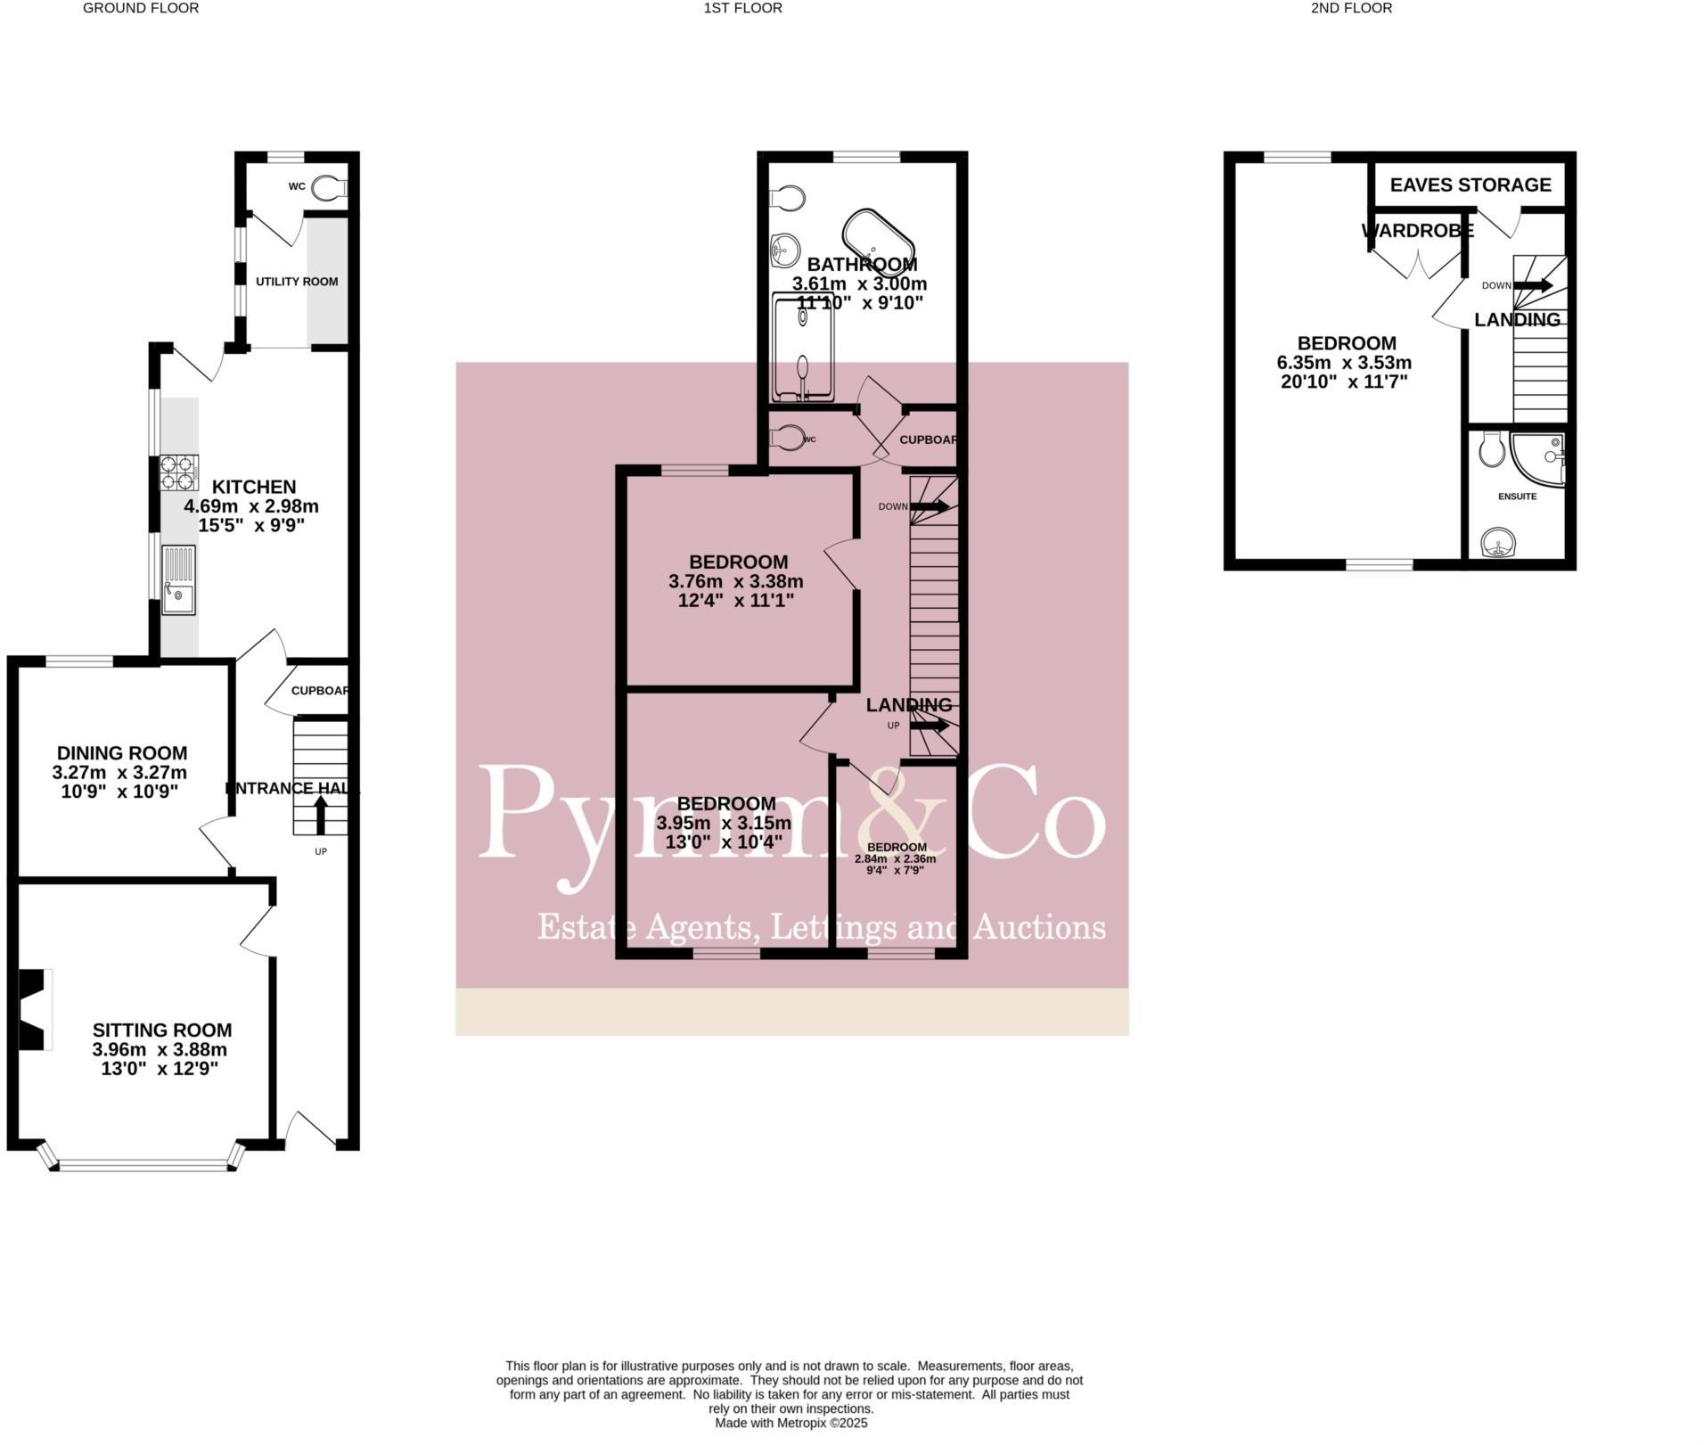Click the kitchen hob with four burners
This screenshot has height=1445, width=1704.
(178, 472)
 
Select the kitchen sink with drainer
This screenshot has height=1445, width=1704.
(178, 580)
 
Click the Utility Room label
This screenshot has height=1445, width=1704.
(297, 282)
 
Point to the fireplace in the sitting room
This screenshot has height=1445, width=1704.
(34, 1009)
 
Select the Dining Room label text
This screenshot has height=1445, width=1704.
(122, 753)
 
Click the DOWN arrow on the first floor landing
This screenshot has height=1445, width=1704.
(929, 506)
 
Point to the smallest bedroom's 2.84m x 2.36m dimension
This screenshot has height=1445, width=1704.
(895, 859)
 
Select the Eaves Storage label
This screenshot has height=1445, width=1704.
(1470, 185)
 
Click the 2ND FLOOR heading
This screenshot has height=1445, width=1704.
(1351, 8)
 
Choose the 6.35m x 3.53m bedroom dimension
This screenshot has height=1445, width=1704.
(1344, 363)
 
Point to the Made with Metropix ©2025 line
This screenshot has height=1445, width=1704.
(791, 1424)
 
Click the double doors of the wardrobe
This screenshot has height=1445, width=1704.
(1416, 264)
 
